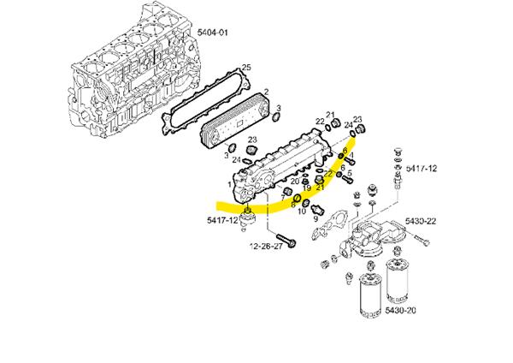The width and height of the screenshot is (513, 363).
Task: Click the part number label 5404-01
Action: (x=212, y=33)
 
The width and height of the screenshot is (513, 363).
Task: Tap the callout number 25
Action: (x=246, y=68)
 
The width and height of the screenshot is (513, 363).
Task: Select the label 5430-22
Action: (x=421, y=221)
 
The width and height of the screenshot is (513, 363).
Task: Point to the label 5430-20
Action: (x=400, y=310)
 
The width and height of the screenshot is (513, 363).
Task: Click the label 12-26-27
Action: (x=266, y=246)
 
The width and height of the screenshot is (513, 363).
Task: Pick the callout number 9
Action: (x=315, y=217)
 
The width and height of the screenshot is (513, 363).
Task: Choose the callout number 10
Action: (x=302, y=211)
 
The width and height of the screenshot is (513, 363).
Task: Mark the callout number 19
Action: (x=307, y=188)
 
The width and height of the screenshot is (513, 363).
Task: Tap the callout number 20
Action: (x=295, y=181)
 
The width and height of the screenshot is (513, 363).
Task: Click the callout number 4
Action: (x=351, y=154)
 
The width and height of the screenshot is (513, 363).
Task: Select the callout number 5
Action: (x=350, y=173)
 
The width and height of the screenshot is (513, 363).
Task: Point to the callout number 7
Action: (x=283, y=197)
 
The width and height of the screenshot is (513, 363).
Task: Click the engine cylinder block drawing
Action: (x=134, y=75)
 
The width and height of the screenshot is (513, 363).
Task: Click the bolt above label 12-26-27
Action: (x=286, y=241)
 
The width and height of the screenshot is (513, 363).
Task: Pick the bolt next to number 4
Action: (x=350, y=162)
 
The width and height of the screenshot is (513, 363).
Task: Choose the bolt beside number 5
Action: (x=347, y=179)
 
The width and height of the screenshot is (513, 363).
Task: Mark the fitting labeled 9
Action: (x=318, y=209)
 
